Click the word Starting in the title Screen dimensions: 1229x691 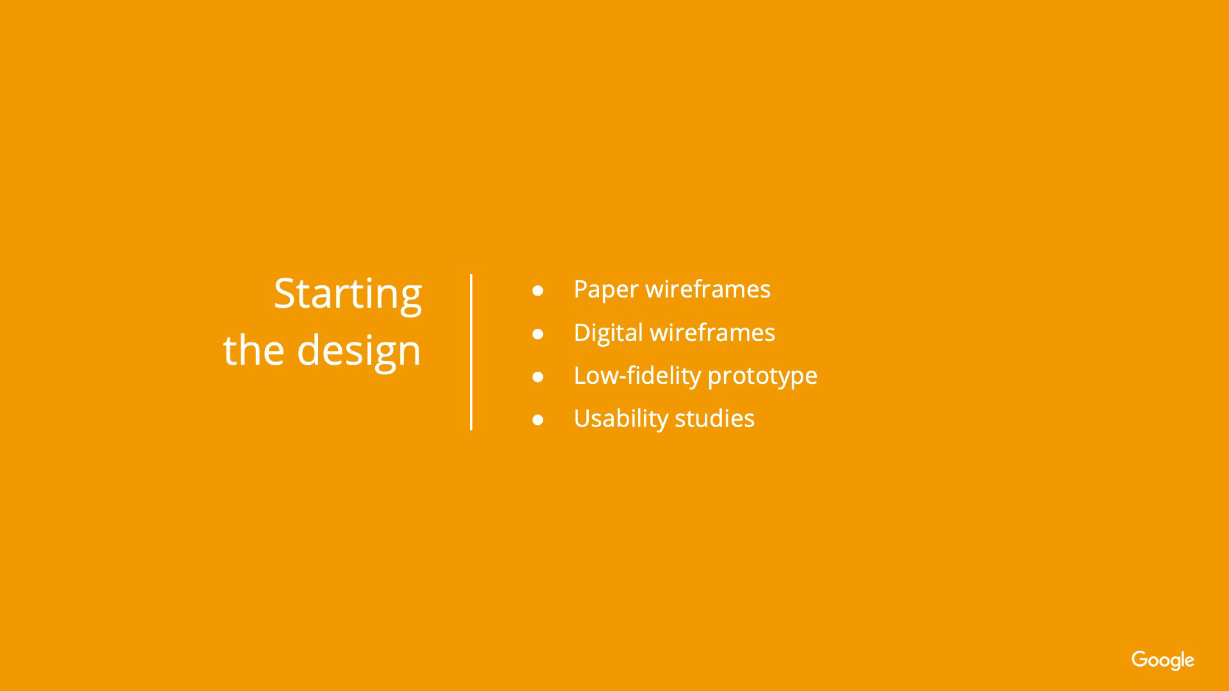[348, 295]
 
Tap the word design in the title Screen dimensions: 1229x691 [358, 352]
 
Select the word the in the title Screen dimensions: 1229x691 [253, 350]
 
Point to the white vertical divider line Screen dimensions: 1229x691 [471, 352]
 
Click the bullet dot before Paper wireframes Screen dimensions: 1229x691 [538, 290]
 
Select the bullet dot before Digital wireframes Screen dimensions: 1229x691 [538, 334]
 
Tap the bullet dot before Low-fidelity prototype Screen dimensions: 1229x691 [538, 377]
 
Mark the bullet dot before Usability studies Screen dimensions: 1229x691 [538, 420]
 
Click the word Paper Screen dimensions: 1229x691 [606, 290]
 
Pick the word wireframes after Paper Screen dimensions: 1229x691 [708, 289]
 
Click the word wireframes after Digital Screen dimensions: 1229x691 [712, 333]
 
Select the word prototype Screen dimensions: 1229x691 [762, 377]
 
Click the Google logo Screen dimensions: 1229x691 [1162, 660]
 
